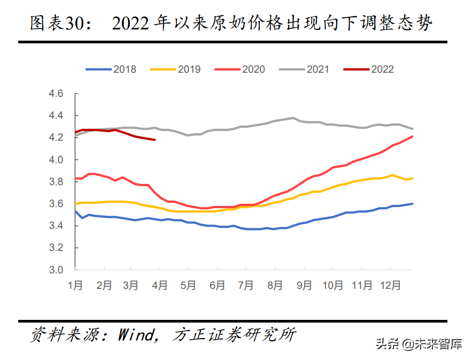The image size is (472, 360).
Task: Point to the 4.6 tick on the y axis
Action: pyautogui.click(x=57, y=94)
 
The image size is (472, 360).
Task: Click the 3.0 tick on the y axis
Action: pyautogui.click(x=57, y=270)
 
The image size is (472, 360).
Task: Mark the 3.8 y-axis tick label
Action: pyautogui.click(x=57, y=182)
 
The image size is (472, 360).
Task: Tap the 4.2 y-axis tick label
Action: pyautogui.click(x=57, y=137)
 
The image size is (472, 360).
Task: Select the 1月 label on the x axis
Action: pyautogui.click(x=75, y=286)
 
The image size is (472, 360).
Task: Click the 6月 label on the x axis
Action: pyautogui.click(x=217, y=286)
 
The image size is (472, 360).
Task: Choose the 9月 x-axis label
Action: pyautogui.click(x=304, y=286)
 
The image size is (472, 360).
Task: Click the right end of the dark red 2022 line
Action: pyautogui.click(x=155, y=140)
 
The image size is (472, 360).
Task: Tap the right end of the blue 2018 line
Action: pyautogui.click(x=413, y=204)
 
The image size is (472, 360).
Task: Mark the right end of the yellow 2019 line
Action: pyautogui.click(x=413, y=178)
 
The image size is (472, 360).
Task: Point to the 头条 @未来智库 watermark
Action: pyautogui.click(x=419, y=344)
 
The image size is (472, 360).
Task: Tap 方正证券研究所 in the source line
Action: pyautogui.click(x=235, y=335)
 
